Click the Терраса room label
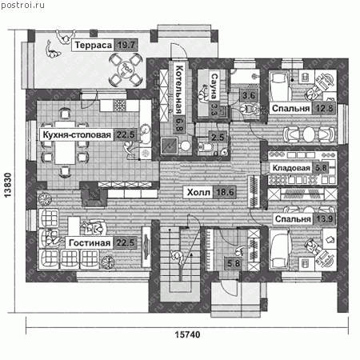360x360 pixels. coord(93,45)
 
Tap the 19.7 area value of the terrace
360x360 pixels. coord(126,45)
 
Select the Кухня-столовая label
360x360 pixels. coord(77,135)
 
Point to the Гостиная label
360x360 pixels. coord(90,243)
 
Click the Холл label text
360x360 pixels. coord(198,192)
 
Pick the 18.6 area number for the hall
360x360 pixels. coord(225,192)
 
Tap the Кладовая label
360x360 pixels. coord(291,168)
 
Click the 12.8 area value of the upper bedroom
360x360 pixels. coord(324,109)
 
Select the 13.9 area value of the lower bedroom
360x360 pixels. coord(324,219)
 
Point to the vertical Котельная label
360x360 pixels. coord(179,90)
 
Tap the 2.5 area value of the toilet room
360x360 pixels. coord(218,138)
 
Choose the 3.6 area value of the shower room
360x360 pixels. coord(249,96)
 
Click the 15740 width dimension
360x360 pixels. coord(187,334)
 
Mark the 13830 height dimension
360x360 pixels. coord(8,185)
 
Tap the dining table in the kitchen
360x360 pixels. coord(66,142)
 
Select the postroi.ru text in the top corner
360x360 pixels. coord(23,5)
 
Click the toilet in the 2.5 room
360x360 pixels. coord(206,146)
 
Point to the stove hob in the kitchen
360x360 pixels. coord(119,106)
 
